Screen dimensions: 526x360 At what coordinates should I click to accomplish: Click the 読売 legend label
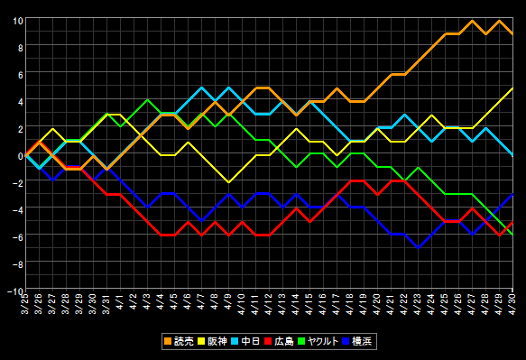[184, 342]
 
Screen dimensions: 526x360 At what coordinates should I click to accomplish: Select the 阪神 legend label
[217, 342]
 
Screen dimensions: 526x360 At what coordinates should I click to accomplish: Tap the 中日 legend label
[250, 342]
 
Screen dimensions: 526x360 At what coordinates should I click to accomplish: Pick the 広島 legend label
[284, 342]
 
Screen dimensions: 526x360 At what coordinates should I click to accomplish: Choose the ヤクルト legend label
[323, 342]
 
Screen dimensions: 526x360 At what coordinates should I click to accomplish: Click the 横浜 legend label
[362, 342]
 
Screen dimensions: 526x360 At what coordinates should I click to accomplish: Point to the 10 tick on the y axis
[18, 21]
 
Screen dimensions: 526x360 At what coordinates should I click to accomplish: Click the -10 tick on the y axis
[15, 291]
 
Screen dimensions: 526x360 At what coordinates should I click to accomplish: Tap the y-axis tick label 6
[21, 75]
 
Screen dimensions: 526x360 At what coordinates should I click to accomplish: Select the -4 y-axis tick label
[18, 210]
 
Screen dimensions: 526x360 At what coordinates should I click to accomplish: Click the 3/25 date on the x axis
[25, 304]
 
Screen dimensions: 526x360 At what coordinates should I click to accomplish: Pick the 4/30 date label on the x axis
[512, 304]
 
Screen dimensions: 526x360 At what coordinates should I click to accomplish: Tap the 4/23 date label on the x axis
[418, 304]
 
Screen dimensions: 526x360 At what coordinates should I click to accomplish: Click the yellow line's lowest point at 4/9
[228, 182]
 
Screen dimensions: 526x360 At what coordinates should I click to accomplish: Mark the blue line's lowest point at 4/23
[418, 247]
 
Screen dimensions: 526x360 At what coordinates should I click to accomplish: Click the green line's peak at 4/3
[147, 99]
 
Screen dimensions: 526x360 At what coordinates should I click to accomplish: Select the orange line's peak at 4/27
[472, 21]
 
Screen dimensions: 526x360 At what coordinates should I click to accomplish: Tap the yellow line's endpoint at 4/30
[512, 88]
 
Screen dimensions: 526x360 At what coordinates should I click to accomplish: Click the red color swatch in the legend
[268, 342]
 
